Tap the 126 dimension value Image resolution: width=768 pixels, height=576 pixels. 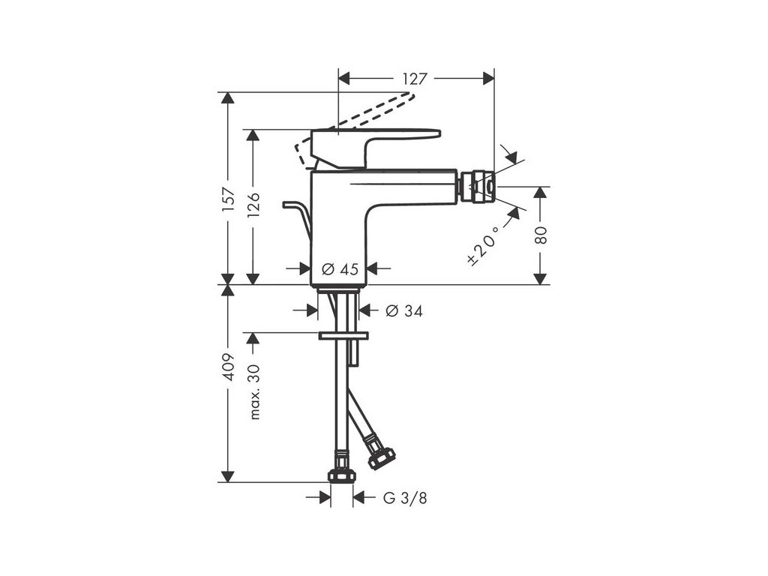tap(254, 205)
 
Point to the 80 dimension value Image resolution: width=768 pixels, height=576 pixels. tap(542, 235)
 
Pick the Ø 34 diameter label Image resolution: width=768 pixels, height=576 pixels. tap(403, 310)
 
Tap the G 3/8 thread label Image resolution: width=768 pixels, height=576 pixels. tap(406, 497)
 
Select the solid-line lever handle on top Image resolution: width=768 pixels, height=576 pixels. tap(375, 139)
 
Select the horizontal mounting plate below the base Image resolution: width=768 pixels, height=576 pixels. tap(344, 335)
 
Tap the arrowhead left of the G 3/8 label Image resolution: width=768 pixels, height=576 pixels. tap(325, 496)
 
